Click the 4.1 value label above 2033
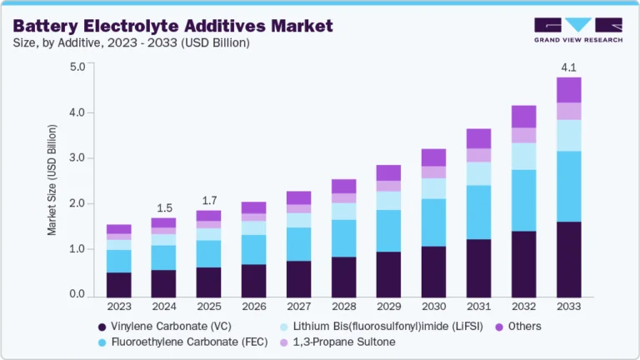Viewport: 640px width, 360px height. point(568,67)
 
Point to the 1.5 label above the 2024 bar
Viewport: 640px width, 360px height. point(163,207)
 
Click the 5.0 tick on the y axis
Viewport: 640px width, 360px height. point(77,67)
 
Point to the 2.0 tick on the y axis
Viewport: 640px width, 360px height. point(77,203)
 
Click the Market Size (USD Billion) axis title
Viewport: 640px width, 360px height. point(52,181)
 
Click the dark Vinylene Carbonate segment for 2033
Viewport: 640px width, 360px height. point(568,259)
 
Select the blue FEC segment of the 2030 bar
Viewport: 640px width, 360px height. point(433,222)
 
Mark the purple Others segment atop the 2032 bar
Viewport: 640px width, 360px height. point(523,117)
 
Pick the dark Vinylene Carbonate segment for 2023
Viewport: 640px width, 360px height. point(118,284)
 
